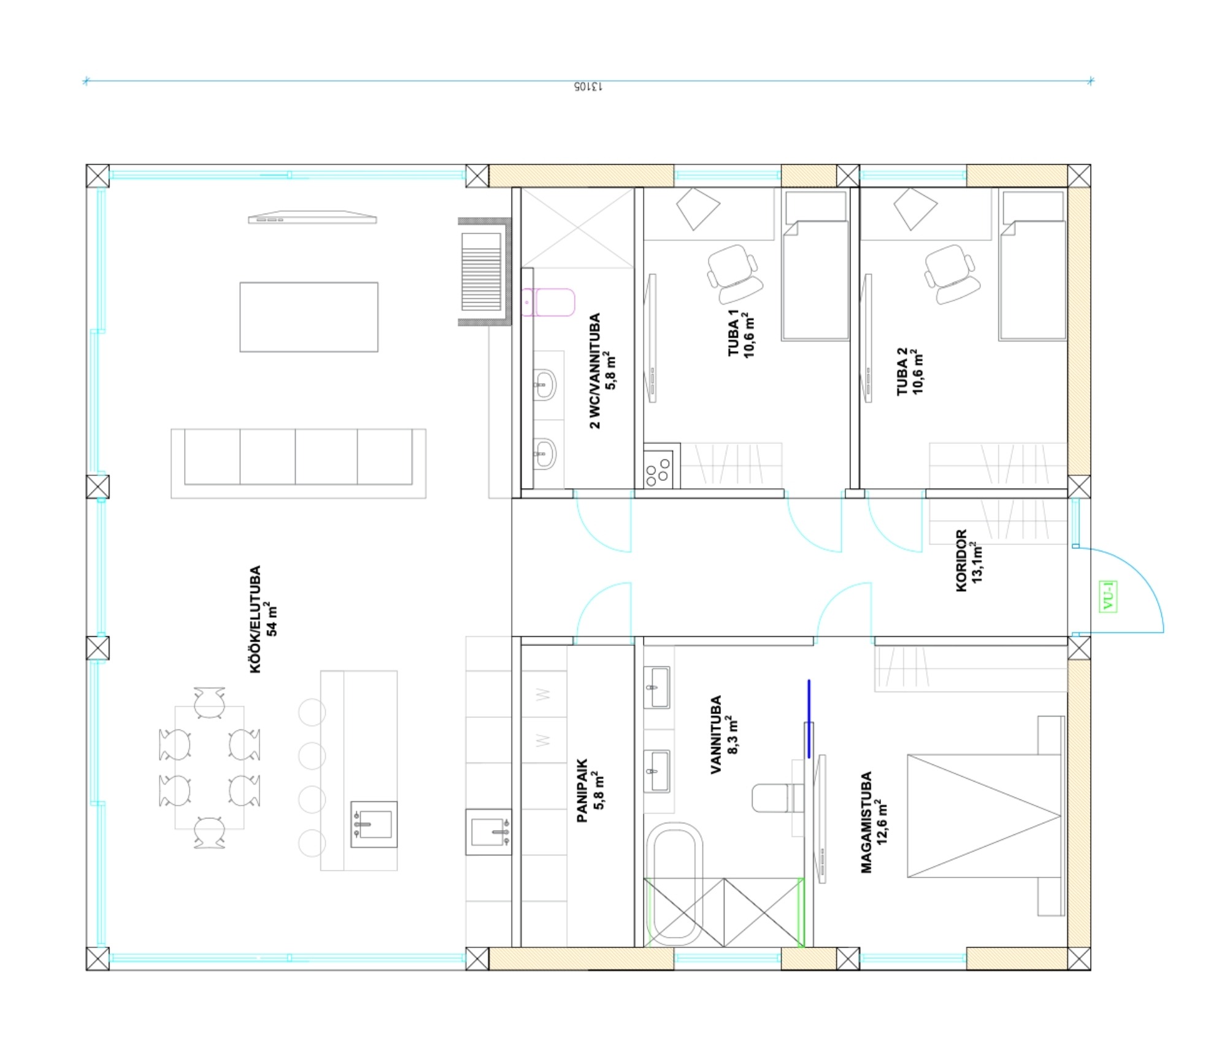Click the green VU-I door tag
point(1108,596)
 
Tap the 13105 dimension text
point(588,87)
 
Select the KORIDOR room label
point(961,561)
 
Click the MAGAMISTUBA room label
point(866,822)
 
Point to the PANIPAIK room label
point(582,791)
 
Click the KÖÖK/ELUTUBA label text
point(256,619)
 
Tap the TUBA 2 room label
point(902,371)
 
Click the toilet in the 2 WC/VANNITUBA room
point(548,302)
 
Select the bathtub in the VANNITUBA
point(675,883)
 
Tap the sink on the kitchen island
point(374,824)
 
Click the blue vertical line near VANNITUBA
point(809,718)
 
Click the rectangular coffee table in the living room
point(309,317)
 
